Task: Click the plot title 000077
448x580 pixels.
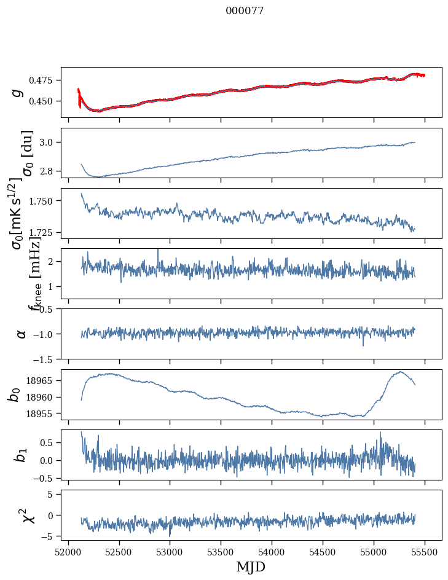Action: click(245, 10)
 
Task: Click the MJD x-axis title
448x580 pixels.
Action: click(251, 567)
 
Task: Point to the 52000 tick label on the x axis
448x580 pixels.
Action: click(68, 552)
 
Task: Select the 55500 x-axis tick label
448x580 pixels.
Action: click(425, 552)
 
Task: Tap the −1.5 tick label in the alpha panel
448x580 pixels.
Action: click(45, 359)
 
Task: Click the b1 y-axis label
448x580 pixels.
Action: click(19, 455)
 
